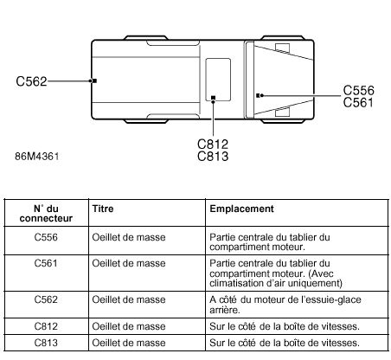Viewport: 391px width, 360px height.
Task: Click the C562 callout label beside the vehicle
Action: point(31,81)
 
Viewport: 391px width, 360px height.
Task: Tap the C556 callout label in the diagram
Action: point(358,90)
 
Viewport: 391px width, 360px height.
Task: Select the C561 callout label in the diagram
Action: point(358,102)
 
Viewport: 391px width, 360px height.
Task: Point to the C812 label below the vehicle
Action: point(213,145)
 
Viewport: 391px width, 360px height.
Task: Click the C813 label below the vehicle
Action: point(213,157)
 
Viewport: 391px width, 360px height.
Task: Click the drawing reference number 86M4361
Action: point(37,157)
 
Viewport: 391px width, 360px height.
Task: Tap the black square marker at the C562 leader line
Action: point(94,80)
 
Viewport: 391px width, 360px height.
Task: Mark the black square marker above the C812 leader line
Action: point(214,98)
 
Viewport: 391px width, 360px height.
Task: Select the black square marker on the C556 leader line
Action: point(258,95)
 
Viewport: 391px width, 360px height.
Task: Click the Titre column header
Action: point(103,209)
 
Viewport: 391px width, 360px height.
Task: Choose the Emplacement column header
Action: point(241,209)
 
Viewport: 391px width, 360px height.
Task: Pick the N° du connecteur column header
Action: point(46,213)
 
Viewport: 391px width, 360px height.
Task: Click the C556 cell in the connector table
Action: point(46,237)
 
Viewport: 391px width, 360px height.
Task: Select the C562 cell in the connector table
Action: point(46,299)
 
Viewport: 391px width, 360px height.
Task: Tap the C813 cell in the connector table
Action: point(46,343)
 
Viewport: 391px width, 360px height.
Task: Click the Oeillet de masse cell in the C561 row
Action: point(129,263)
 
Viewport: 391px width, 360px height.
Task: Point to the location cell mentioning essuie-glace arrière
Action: point(285,305)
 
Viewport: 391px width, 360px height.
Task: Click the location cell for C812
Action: point(285,326)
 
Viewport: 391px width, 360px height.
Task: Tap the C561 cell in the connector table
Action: point(46,263)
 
